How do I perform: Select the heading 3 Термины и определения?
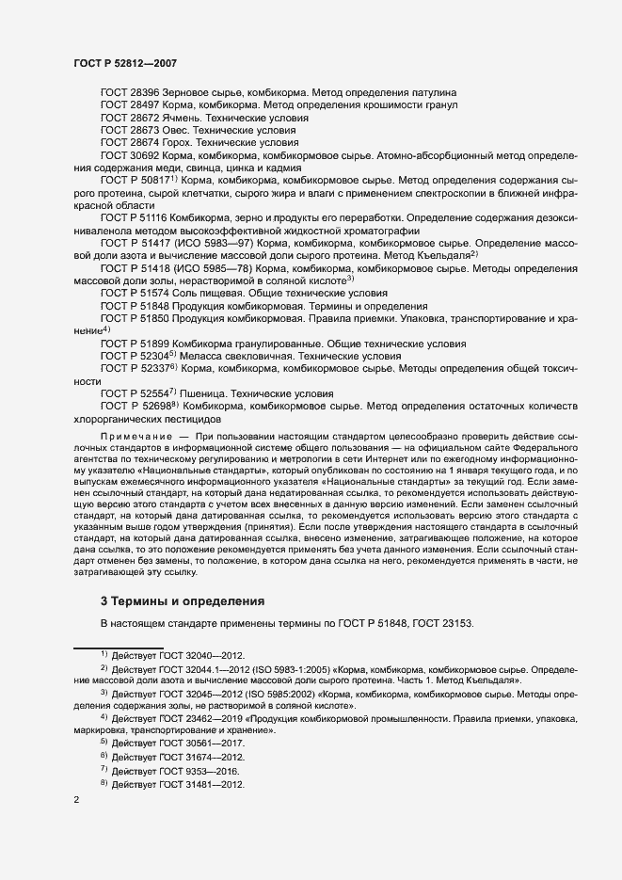(x=183, y=600)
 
